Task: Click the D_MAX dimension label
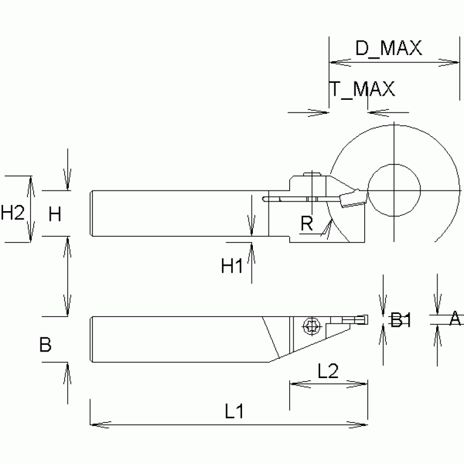(x=388, y=49)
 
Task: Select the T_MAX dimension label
(x=362, y=89)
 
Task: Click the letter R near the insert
(x=307, y=225)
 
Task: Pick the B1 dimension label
(x=400, y=320)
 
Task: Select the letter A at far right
(x=456, y=318)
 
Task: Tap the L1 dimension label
(x=234, y=412)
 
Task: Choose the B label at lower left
(x=45, y=345)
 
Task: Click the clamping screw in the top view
(x=312, y=327)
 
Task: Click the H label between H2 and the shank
(x=55, y=213)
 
